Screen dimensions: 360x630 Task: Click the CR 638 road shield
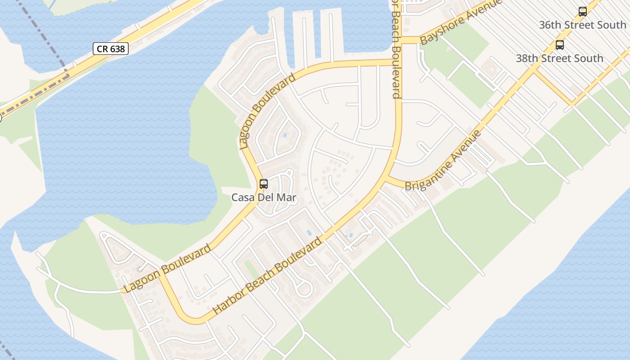[x=111, y=49]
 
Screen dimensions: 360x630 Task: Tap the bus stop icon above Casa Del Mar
[x=264, y=184]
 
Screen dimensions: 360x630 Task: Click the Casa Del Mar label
[x=264, y=197]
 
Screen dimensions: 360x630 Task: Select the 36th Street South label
[x=582, y=25]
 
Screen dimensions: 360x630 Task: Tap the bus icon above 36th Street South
[x=583, y=12]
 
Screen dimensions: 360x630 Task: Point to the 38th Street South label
[x=559, y=58]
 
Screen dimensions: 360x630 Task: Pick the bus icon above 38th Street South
[x=560, y=45]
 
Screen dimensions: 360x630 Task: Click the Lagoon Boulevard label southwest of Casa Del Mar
[x=167, y=269]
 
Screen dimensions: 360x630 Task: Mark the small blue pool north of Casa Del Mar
[x=285, y=135]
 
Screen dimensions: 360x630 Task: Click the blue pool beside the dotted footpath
[x=351, y=235]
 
